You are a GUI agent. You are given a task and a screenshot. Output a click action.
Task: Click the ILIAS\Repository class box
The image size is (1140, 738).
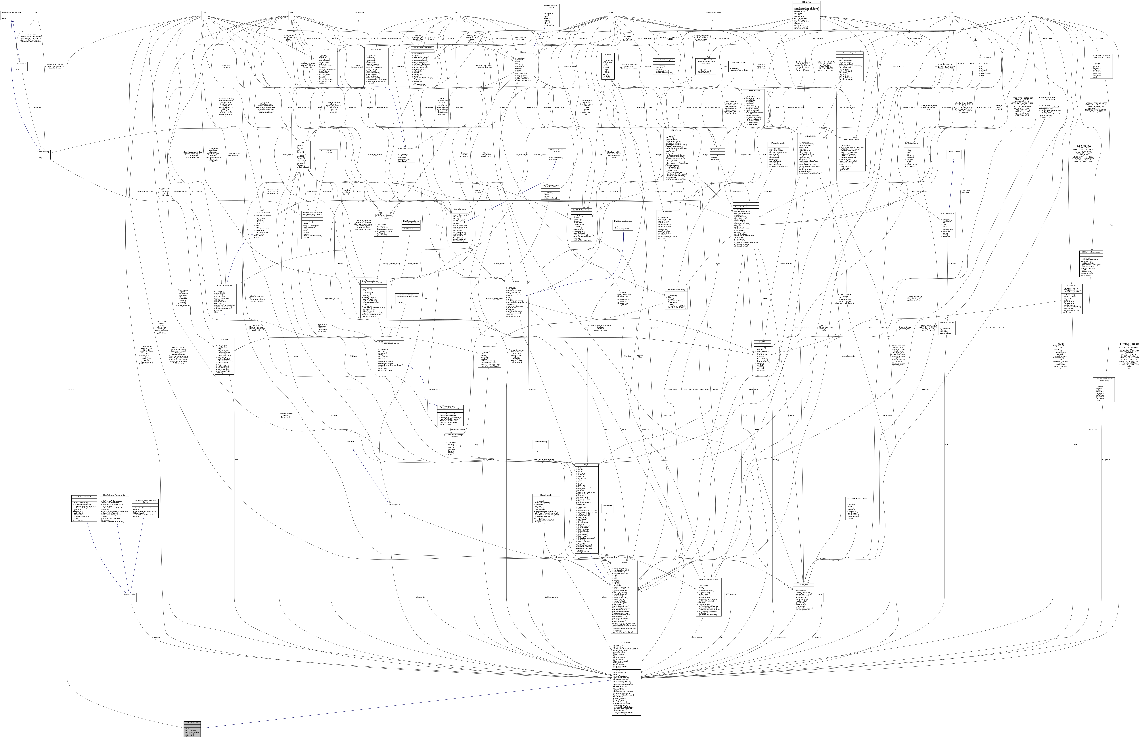(x=43, y=155)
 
